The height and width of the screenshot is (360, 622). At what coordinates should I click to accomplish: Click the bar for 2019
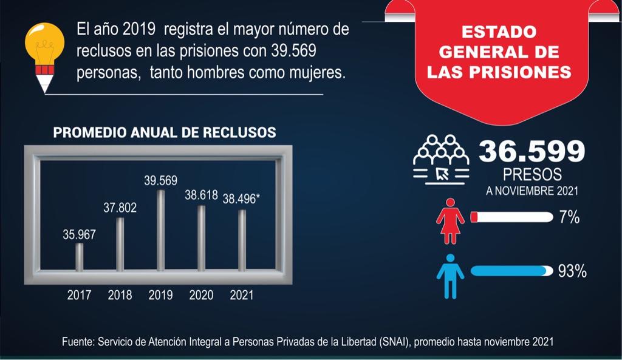[x=160, y=231]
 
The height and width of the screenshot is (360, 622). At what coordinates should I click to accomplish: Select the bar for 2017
[x=80, y=257]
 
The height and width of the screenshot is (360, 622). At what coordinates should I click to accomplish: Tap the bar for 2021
[x=242, y=240]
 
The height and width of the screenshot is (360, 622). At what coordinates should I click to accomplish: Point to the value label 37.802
[x=120, y=208]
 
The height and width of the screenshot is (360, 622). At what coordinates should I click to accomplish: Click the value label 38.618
[x=201, y=195]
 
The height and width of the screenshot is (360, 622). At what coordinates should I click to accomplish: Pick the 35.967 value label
[x=79, y=234]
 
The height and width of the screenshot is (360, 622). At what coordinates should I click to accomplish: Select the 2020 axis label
[x=201, y=296]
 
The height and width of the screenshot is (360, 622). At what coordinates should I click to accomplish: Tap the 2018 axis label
[x=120, y=296]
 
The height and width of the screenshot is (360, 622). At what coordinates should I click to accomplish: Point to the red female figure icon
[x=450, y=220]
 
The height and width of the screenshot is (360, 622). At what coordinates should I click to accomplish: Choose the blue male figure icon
[x=450, y=276]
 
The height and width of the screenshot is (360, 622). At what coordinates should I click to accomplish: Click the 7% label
[x=569, y=217]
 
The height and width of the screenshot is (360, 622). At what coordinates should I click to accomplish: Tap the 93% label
[x=572, y=271]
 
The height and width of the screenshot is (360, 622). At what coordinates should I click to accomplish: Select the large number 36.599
[x=531, y=151]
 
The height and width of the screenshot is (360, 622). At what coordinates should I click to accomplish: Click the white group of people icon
[x=441, y=158]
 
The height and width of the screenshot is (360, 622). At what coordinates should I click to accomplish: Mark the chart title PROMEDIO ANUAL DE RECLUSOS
[x=165, y=132]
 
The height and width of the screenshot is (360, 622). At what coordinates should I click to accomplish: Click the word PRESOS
[x=532, y=175]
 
